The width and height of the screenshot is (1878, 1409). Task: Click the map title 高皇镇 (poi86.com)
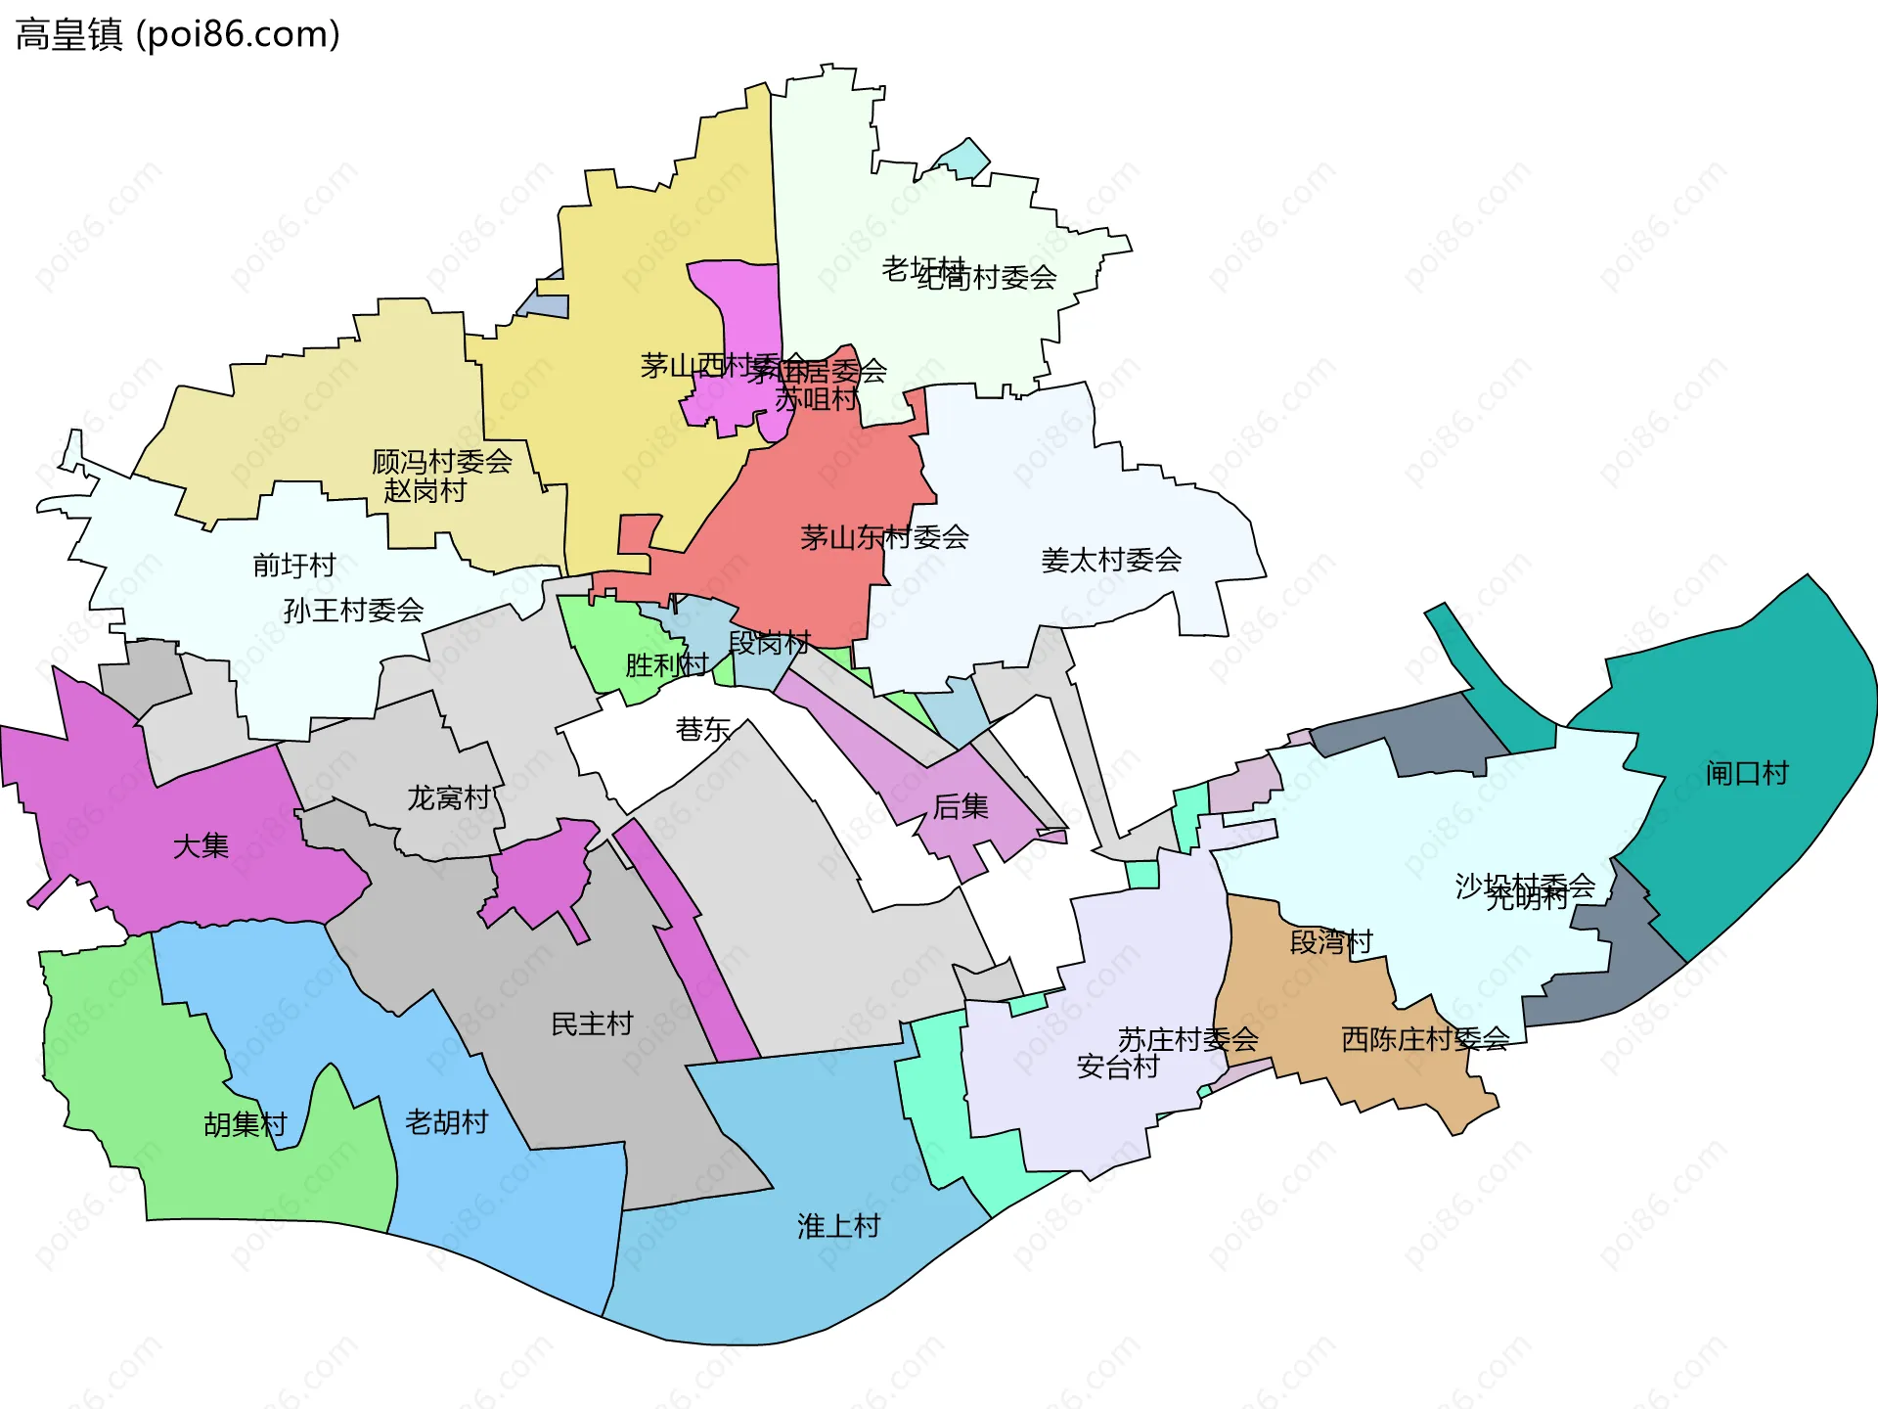point(177,34)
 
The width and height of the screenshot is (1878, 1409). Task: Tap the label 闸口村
point(1746,774)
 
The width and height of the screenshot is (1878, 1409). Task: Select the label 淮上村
point(838,1226)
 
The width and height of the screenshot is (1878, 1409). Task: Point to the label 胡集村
point(245,1125)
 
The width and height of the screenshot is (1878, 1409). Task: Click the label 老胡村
point(446,1122)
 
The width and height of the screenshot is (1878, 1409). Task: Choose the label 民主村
point(592,1024)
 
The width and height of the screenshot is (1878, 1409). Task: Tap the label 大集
point(201,846)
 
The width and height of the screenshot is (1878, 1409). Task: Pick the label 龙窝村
point(448,798)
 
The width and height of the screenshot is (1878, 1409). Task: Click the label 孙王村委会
point(353,611)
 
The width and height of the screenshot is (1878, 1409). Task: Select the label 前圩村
point(293,566)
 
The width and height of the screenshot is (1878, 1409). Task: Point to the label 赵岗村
point(425,491)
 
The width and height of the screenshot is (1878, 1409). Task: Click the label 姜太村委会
point(1111,561)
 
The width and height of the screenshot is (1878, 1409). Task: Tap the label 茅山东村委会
point(884,537)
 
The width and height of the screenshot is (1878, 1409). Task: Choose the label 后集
point(961,807)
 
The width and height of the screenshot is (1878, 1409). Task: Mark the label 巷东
point(703,730)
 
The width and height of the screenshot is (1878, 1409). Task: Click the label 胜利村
point(666,665)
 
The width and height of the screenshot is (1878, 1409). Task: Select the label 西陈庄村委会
point(1425,1039)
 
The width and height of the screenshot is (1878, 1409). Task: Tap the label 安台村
point(1118,1067)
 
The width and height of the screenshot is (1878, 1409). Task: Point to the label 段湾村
point(1331,942)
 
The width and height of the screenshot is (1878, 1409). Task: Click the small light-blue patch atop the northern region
point(962,159)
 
